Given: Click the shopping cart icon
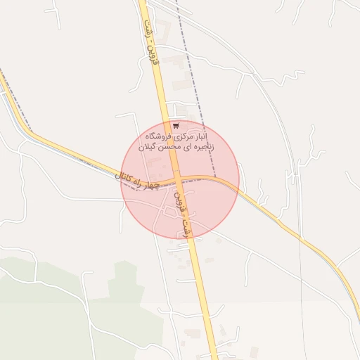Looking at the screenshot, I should (x=175, y=126).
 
